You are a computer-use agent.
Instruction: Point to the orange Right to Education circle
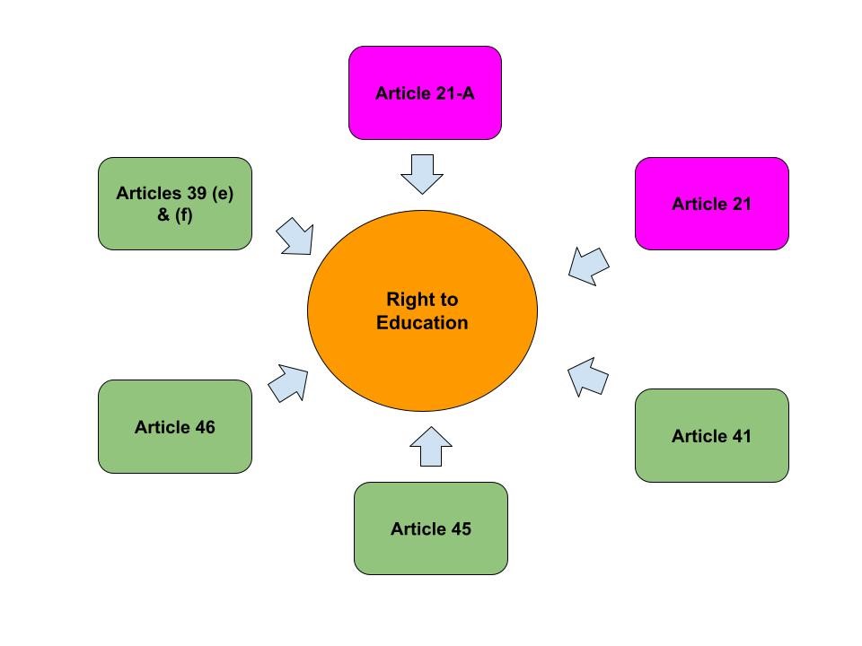click(422, 359)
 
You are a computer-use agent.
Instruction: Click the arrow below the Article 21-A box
click(422, 173)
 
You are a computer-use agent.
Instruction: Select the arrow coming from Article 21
click(589, 266)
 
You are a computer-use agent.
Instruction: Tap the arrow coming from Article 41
click(589, 376)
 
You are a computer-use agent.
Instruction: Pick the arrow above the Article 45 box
click(431, 446)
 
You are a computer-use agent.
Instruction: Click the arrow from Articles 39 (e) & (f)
click(295, 236)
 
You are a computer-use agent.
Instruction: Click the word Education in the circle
click(422, 323)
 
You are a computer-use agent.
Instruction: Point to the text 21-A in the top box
click(454, 93)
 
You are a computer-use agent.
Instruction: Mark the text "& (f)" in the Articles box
click(175, 215)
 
